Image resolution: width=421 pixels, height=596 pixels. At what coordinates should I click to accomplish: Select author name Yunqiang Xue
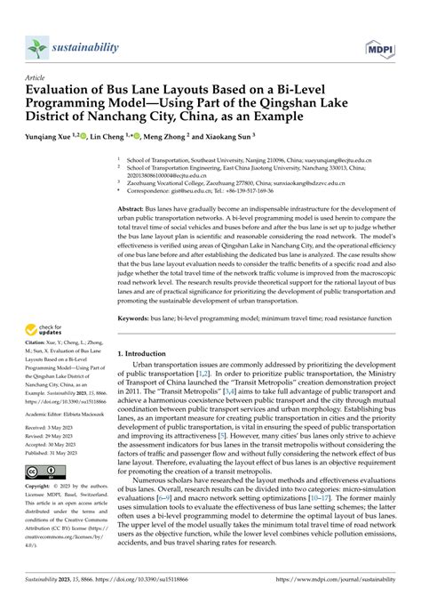50,138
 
